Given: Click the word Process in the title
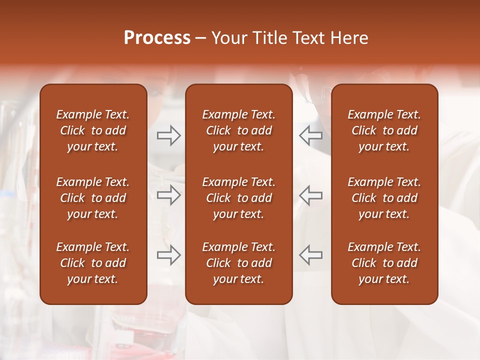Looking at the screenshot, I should point(157,38).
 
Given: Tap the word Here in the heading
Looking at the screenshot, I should point(348,38).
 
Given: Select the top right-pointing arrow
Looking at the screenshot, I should point(168,135).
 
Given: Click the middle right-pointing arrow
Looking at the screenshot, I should point(168,195).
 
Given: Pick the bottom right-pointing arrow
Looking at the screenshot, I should point(168,254).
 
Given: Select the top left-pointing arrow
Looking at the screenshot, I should point(310,135).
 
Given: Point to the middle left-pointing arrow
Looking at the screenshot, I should point(310,195).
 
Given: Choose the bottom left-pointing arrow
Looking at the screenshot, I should point(310,254).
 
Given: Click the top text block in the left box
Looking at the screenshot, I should point(93,130).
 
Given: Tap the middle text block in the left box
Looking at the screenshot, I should point(93,198).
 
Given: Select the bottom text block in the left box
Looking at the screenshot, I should point(93,263).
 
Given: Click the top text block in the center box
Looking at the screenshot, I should point(238,130).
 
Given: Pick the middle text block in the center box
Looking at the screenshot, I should point(238,198).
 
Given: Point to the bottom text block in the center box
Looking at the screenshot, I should point(238,263).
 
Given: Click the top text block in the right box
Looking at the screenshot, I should point(384,130).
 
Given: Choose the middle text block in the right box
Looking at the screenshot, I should point(384,198).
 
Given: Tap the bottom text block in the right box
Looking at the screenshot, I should point(384,263).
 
